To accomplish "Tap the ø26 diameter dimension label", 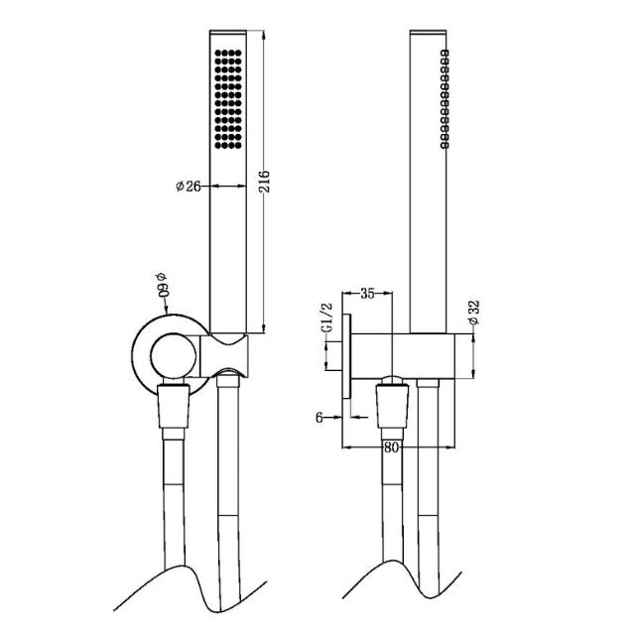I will point(190,186).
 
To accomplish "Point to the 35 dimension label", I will point(366,293).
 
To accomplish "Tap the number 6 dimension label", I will point(320,418).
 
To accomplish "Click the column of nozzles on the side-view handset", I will point(444,97).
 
